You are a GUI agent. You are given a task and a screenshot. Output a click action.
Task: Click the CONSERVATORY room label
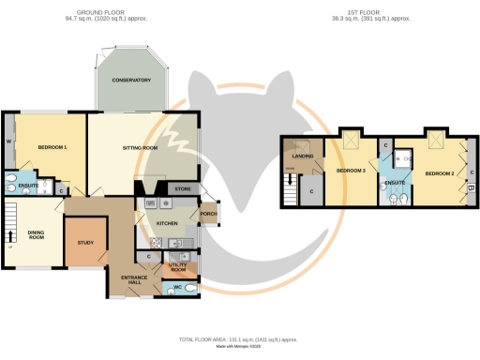[131, 81]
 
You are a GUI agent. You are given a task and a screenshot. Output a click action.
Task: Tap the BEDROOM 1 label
[52, 148]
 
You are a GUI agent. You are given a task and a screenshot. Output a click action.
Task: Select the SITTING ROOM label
[142, 148]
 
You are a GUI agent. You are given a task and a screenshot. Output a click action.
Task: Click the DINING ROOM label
[37, 235]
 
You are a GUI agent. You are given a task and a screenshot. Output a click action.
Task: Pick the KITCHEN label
[167, 223]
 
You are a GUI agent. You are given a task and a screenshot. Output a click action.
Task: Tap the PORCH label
[207, 214]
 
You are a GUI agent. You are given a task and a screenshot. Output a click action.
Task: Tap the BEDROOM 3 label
[351, 171]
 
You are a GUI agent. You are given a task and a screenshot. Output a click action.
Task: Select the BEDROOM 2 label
[439, 173]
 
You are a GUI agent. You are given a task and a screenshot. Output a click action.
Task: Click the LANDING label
[302, 156]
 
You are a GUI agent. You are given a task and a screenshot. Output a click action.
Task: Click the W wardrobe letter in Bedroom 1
[8, 143]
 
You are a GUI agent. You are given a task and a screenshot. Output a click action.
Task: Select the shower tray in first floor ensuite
[403, 159]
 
